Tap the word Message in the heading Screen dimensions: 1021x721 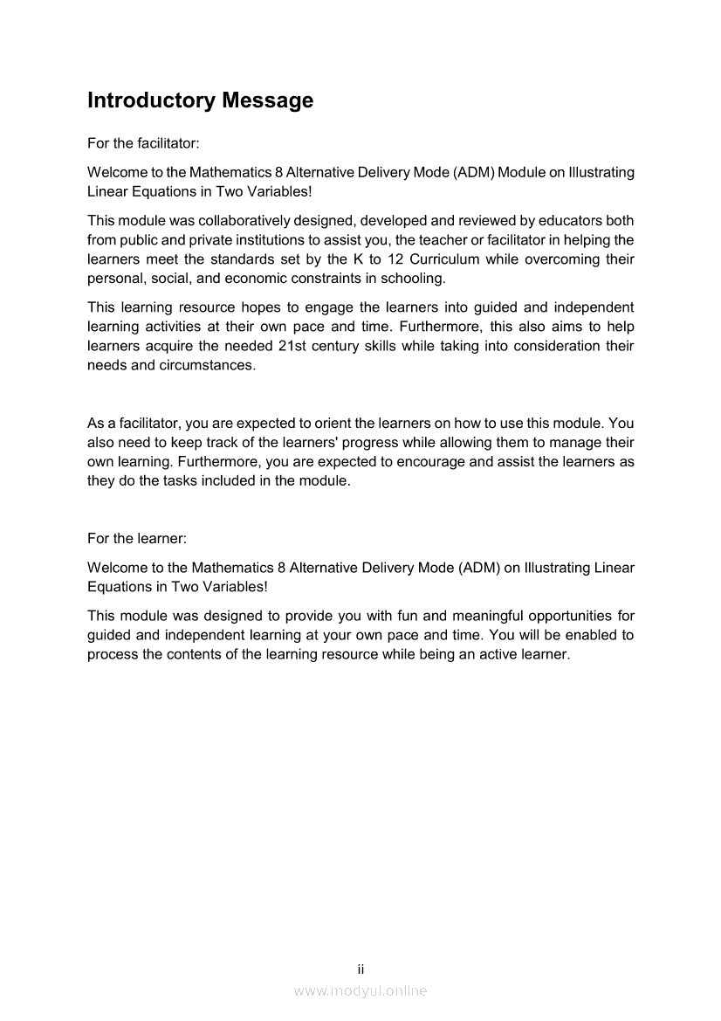click(x=267, y=101)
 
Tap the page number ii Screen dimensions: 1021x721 click(x=360, y=969)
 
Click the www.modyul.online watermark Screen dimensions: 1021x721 click(x=360, y=990)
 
